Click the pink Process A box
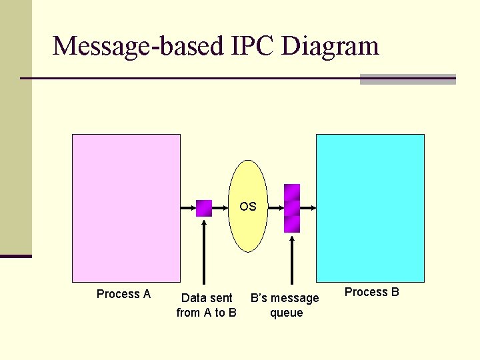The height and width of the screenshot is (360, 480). tap(126, 207)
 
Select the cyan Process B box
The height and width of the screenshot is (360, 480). tap(370, 207)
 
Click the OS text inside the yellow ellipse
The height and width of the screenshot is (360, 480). tap(248, 207)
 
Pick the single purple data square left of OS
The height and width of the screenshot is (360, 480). tap(204, 208)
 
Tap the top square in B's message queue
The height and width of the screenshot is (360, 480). tap(292, 192)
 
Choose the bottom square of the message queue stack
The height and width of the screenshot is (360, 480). tap(292, 224)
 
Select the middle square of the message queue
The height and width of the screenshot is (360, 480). tap(292, 208)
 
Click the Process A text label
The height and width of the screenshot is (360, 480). tap(123, 294)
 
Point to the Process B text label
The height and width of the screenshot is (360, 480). tap(371, 292)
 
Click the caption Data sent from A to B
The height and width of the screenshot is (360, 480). tap(207, 305)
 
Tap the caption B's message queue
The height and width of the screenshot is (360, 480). tap(285, 305)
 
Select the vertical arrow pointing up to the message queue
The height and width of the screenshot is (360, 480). tap(291, 260)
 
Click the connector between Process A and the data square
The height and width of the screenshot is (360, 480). tap(188, 208)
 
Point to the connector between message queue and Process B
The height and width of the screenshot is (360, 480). tap(308, 208)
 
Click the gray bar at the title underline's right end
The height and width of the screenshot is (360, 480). tap(407, 79)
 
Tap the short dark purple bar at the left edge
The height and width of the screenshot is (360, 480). tap(16, 255)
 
